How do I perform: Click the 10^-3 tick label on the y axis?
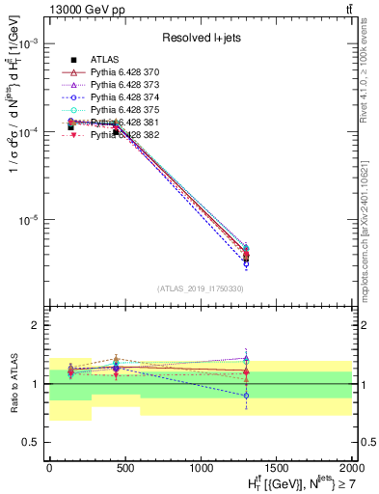(x=29, y=44)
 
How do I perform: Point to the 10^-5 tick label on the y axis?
(x=29, y=220)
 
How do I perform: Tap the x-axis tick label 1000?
(x=203, y=467)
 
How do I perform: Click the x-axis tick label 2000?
(x=353, y=467)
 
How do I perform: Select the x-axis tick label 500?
(x=125, y=467)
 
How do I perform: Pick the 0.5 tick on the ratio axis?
(x=34, y=442)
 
